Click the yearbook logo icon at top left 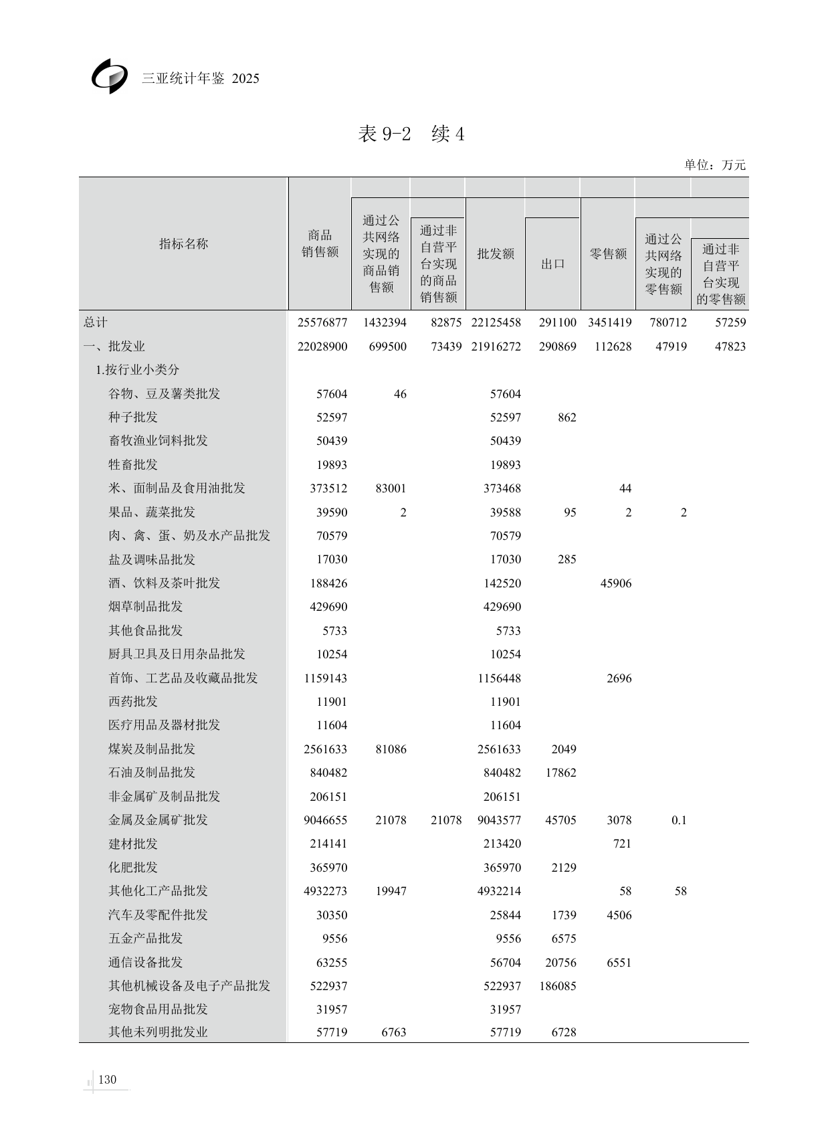[109, 76]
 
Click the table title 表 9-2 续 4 [411, 134]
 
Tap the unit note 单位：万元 [714, 165]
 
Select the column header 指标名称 [183, 244]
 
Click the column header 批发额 [495, 254]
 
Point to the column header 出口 [552, 264]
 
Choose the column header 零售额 [607, 254]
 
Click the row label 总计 [96, 322]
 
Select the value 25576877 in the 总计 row [322, 322]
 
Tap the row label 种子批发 [133, 417]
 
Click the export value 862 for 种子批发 [566, 417]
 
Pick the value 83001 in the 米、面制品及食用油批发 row [391, 488]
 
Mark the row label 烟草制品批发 [145, 607]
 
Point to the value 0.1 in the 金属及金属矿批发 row [679, 820]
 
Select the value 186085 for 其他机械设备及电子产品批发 [557, 986]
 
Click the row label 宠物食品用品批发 [158, 1009]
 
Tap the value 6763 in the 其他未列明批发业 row [394, 1032]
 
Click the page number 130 [107, 1079]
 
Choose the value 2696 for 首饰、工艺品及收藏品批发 [619, 678]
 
